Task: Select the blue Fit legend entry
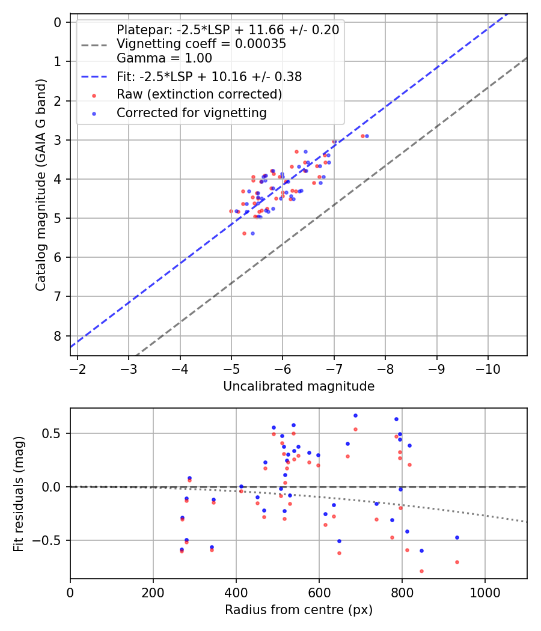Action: point(209,77)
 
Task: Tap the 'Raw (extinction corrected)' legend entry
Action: point(199,94)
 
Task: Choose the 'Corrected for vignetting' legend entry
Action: point(191,112)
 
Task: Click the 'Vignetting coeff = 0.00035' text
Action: point(201,44)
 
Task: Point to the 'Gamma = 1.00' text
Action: point(164,58)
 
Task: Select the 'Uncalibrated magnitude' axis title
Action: point(299,386)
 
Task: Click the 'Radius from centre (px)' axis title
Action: point(299,610)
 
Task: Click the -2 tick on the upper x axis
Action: point(78,368)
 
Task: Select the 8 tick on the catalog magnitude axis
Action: point(58,336)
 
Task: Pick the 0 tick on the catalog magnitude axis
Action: point(58,22)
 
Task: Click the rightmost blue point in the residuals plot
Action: point(457,537)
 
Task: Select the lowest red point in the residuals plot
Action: point(421,571)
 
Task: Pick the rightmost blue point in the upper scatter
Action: point(367,136)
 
